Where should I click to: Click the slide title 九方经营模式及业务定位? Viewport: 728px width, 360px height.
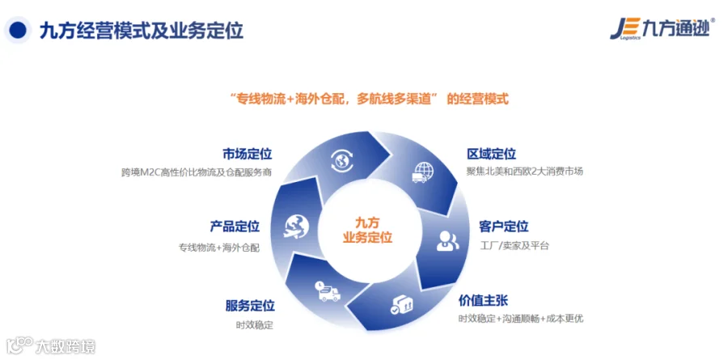pyautogui.click(x=142, y=30)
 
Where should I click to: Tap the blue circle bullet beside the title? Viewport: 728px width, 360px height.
pyautogui.click(x=17, y=30)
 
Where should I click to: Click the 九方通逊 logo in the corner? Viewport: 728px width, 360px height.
pyautogui.click(x=662, y=29)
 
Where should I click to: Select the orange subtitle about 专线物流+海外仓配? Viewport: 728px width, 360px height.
pyautogui.click(x=370, y=99)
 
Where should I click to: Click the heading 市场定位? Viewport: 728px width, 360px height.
pyautogui.click(x=247, y=155)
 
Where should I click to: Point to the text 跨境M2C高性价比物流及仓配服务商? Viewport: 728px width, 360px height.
pyautogui.click(x=197, y=172)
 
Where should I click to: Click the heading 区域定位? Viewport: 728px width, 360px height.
pyautogui.click(x=491, y=154)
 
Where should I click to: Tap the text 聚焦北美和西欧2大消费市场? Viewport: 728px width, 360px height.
pyautogui.click(x=525, y=172)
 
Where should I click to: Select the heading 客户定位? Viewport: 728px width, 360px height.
pyautogui.click(x=504, y=227)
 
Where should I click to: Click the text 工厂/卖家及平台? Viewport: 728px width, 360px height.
pyautogui.click(x=514, y=246)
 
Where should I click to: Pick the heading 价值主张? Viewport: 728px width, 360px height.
pyautogui.click(x=484, y=299)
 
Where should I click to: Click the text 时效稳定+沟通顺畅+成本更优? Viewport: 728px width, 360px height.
pyautogui.click(x=521, y=319)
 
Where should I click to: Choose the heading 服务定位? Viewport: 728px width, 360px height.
pyautogui.click(x=250, y=306)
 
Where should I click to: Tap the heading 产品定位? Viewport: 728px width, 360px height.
pyautogui.click(x=235, y=227)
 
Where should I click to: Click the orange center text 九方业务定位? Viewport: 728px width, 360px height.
pyautogui.click(x=367, y=230)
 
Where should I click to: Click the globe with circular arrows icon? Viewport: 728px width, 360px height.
pyautogui.click(x=343, y=160)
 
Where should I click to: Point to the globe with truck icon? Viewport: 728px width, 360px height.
pyautogui.click(x=422, y=172)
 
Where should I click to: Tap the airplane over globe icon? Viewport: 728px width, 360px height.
pyautogui.click(x=296, y=227)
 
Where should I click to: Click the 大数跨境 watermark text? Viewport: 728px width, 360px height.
pyautogui.click(x=66, y=346)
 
